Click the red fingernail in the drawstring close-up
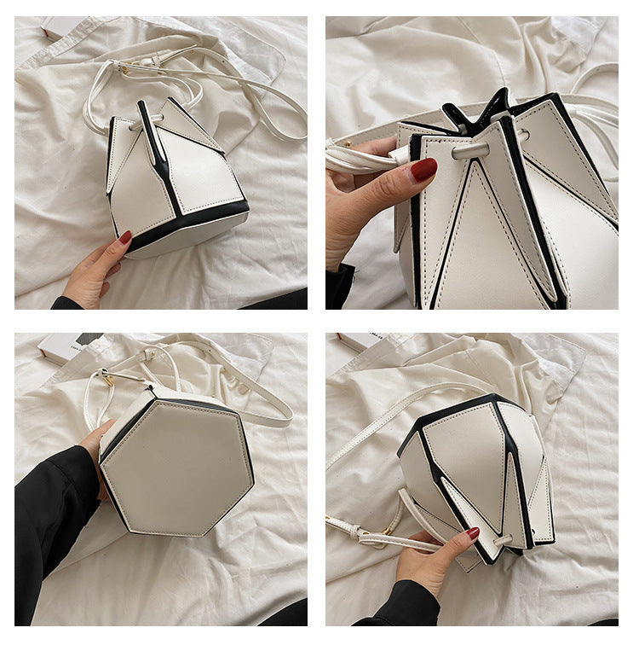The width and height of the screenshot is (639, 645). (x=423, y=170)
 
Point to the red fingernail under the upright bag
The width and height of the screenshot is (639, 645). (x=124, y=238)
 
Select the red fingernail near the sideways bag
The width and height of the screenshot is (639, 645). (x=472, y=533)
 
